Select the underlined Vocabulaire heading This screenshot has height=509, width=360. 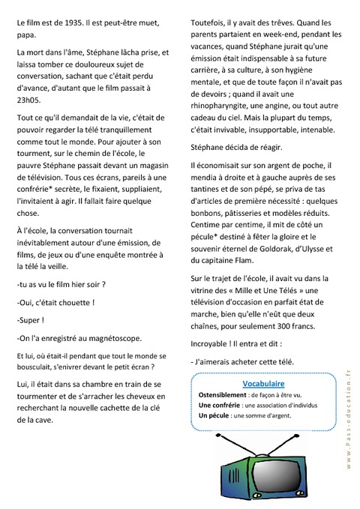(x=264, y=384)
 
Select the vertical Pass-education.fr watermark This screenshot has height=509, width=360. (x=349, y=427)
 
